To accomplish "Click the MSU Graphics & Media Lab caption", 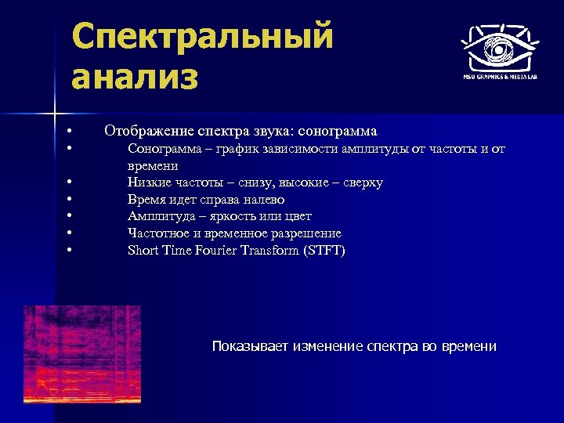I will (499, 77).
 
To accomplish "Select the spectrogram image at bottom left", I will (81, 354).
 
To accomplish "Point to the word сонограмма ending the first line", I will (341, 131).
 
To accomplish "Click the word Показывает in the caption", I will (251, 346).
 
